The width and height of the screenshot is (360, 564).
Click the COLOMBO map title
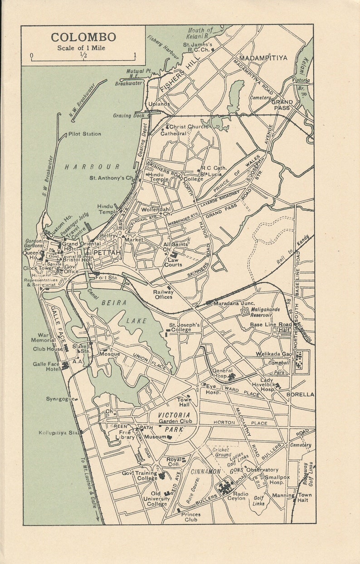pyautogui.click(x=83, y=37)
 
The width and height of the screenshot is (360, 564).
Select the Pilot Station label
pyautogui.click(x=85, y=134)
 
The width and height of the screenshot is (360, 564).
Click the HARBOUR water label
pyautogui.click(x=92, y=167)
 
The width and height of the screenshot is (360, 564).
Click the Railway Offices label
pyautogui.click(x=163, y=294)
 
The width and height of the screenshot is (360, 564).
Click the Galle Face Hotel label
pyautogui.click(x=46, y=367)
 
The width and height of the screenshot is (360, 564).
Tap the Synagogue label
pyautogui.click(x=59, y=399)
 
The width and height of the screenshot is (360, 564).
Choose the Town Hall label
pyautogui.click(x=184, y=402)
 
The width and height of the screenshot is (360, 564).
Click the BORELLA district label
pyautogui.click(x=300, y=394)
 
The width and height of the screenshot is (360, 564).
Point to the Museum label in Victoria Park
pyautogui.click(x=155, y=437)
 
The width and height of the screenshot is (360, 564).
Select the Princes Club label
pyautogui.click(x=190, y=517)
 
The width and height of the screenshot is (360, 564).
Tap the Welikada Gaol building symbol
pyautogui.click(x=299, y=361)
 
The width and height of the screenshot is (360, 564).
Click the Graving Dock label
pyautogui.click(x=129, y=116)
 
